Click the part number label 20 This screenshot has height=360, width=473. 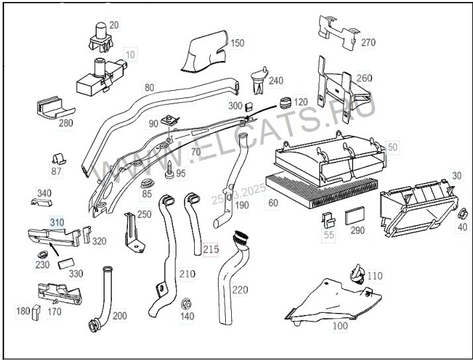coord(114,25)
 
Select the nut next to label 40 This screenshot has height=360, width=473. coord(462,214)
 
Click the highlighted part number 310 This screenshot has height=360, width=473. coord(57,223)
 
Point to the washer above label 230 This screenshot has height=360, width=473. coord(43,255)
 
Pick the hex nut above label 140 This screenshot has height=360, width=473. coord(185,304)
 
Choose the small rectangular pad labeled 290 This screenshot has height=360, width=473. coord(355,215)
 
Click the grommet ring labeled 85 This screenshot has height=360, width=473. coord(148,183)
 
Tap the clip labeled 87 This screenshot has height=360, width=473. coord(58,159)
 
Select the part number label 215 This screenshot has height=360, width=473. coord(211,249)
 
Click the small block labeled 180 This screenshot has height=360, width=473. coord(36,312)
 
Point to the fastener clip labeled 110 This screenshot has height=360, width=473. coord(358,274)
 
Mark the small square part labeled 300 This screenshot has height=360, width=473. coord(248,106)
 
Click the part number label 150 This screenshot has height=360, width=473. coord(237,43)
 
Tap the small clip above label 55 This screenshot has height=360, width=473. coord(328,220)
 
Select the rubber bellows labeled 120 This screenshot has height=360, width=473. coord(286,103)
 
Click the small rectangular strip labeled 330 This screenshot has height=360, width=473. coord(66,263)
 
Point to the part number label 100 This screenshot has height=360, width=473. coord(341,326)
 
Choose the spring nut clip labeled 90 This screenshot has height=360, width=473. coord(170,121)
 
